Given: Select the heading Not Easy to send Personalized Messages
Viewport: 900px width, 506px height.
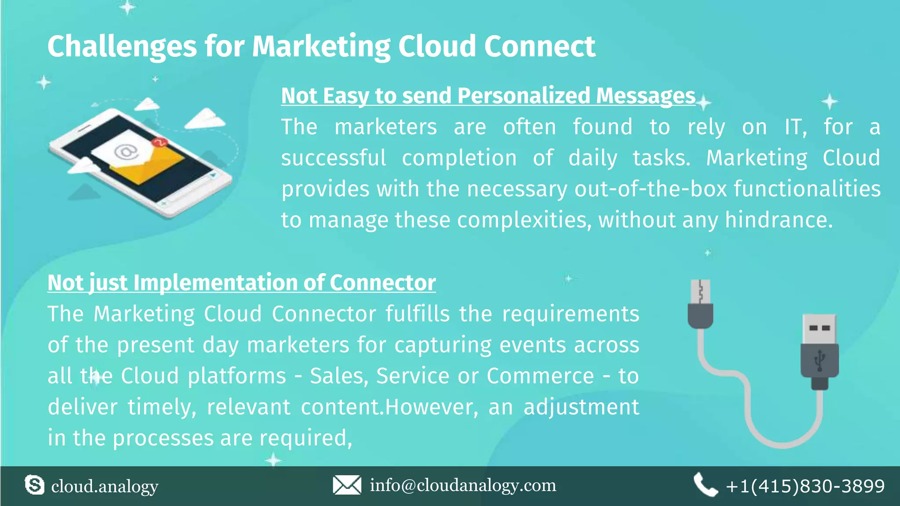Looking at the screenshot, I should tap(488, 96).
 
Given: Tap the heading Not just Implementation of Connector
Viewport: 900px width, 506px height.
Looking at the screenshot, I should tap(241, 282).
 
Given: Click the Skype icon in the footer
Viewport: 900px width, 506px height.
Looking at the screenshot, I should tap(34, 485).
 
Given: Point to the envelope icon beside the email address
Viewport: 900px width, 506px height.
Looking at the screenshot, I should tap(347, 485).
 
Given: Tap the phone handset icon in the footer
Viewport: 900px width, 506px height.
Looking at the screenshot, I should tap(705, 485).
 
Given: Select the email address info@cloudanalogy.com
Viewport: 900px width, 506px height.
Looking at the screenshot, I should tap(463, 485).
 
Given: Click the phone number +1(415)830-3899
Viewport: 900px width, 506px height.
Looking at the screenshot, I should tap(805, 486).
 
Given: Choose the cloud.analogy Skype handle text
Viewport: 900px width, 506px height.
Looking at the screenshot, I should tap(105, 486).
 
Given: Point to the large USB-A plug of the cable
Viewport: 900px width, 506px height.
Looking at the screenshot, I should tap(820, 351).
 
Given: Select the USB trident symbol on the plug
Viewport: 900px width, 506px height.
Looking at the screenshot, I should tap(820, 361).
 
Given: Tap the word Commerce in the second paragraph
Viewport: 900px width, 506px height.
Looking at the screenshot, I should tap(540, 376).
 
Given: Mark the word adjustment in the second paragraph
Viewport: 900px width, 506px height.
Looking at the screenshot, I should tap(581, 407).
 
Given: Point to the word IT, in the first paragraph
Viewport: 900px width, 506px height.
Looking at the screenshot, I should tap(796, 127).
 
